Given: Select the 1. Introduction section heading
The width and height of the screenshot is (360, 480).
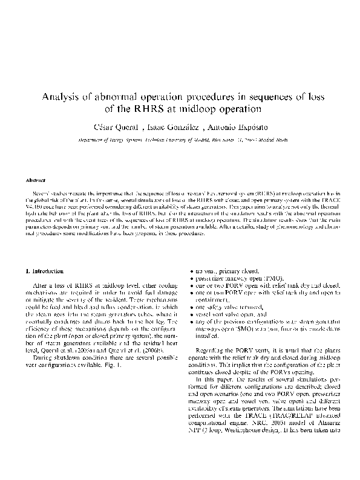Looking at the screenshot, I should (47, 271).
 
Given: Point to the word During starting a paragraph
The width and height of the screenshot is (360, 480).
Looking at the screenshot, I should (44, 359).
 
